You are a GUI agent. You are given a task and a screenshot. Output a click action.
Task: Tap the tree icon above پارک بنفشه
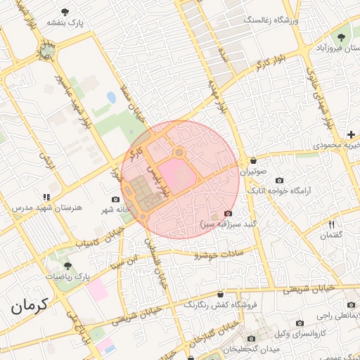pyautogui.click(x=65, y=12)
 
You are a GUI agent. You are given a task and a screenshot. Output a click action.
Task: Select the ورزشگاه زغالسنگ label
pyautogui.click(x=271, y=20)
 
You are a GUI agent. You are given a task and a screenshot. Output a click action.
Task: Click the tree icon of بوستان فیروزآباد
pyautogui.click(x=342, y=37)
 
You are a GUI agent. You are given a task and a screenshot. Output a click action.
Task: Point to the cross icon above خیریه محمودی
pyautogui.click(x=350, y=134)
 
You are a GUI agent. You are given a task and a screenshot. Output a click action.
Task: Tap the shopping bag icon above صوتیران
pyautogui.click(x=253, y=160)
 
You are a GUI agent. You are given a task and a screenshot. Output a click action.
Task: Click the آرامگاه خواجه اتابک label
pyautogui.click(x=309, y=190)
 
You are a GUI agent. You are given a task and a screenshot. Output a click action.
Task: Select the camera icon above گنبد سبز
pyautogui.click(x=228, y=214)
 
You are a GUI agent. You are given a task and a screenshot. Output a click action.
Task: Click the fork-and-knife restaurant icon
pyautogui.click(x=331, y=224)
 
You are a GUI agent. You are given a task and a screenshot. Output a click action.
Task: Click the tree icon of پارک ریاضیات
pyautogui.click(x=67, y=266)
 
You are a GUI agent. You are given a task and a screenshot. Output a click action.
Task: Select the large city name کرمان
pyautogui.click(x=30, y=307)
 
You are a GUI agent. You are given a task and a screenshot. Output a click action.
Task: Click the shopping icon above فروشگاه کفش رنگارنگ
pyautogui.click(x=220, y=294)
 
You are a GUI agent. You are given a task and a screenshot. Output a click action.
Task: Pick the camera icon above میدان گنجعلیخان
pyautogui.click(x=251, y=338)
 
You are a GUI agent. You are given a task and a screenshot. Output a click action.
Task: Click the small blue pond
pyautogui.click(x=111, y=98)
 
